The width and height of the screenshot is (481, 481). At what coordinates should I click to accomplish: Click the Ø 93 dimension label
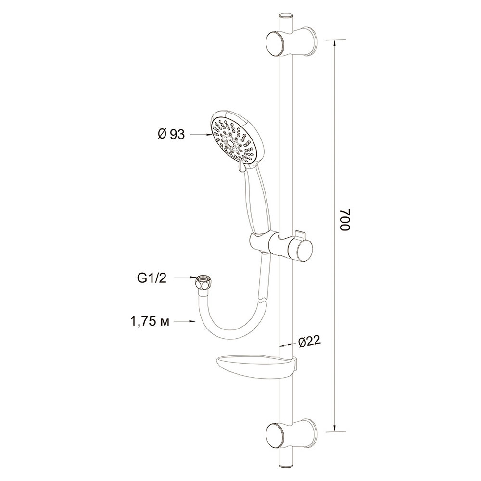[172, 134]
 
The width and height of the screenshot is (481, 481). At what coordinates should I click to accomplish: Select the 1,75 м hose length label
[150, 323]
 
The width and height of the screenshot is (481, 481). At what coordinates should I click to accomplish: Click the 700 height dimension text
[345, 220]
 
